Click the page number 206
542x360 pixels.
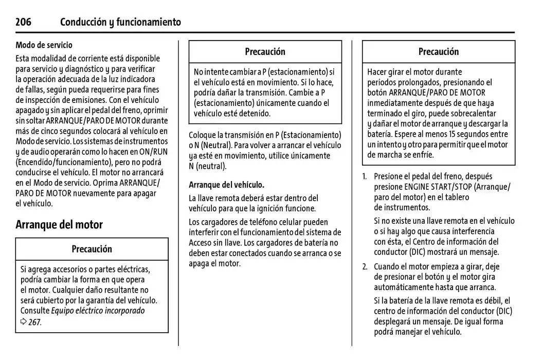click(23, 22)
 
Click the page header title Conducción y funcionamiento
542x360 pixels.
click(120, 22)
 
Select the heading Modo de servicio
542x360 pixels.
click(44, 45)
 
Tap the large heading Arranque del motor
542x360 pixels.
click(59, 225)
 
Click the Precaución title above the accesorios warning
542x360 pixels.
click(92, 249)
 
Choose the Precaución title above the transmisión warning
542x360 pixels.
click(265, 51)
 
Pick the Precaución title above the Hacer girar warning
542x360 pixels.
click(438, 51)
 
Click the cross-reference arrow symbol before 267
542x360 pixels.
click(24, 322)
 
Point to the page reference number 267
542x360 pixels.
click(34, 322)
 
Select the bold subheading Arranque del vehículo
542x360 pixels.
click(226, 185)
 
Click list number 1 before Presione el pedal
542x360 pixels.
click(365, 176)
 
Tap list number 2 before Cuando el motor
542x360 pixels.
click(365, 266)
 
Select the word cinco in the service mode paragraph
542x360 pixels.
click(53, 131)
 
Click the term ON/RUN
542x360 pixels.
click(157, 152)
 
